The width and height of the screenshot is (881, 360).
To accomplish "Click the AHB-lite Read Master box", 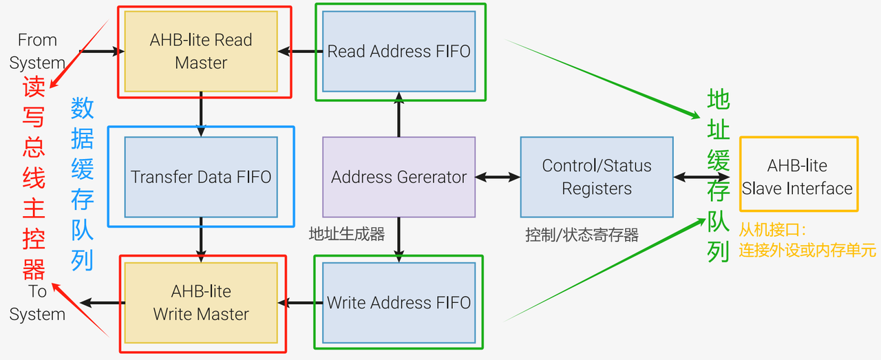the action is point(201,52).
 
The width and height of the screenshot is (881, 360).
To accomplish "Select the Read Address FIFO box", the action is point(399,52).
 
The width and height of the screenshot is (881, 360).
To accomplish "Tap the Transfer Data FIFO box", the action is point(201,177).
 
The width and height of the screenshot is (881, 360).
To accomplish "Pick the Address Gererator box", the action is point(399,177).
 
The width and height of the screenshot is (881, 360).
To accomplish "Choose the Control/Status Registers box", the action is point(597,177).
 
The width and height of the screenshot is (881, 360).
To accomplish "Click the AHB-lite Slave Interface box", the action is point(799,174).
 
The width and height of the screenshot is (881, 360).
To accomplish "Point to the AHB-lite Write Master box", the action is point(201,303).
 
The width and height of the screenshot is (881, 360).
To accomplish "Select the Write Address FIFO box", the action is point(399,303).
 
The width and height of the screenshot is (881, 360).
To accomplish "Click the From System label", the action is point(37,52).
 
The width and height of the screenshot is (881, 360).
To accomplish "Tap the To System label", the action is point(37,303).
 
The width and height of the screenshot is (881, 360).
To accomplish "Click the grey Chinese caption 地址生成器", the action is point(346,234).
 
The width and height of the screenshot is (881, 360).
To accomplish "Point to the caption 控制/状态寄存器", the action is point(582,235).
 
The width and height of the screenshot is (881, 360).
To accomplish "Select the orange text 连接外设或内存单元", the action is point(807,251).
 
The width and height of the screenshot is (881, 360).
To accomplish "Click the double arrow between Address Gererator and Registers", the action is point(498,177).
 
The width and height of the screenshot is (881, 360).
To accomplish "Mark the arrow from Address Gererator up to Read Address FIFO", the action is point(399,114).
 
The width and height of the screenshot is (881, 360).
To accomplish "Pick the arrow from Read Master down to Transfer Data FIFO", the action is point(201,114).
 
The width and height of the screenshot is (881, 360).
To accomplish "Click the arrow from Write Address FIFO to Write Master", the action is point(299,303).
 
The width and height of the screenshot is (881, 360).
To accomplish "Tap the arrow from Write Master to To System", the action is point(103,303).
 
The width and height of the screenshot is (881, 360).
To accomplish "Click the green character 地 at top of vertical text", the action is point(719,98).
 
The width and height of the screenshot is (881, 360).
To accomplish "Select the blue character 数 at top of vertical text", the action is point(82,108).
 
